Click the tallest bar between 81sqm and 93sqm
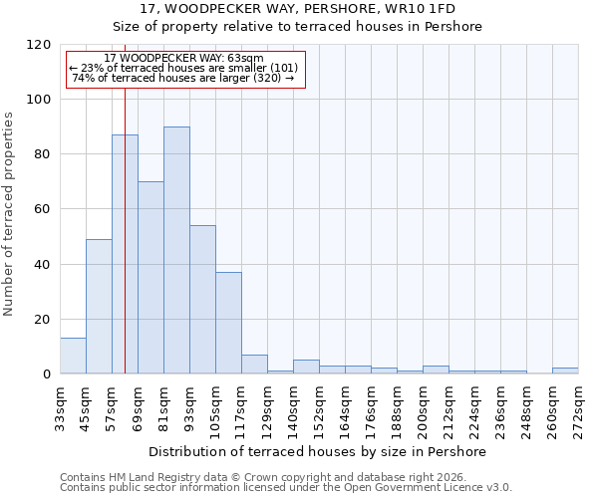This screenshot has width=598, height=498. coord(176,250)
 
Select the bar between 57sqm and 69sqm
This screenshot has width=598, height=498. coord(125,254)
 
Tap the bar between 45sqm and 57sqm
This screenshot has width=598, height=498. coord(99,307)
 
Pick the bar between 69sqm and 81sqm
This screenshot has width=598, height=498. coord(150,277)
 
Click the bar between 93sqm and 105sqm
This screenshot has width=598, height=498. coord(202,299)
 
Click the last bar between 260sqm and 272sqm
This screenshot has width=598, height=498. coord(565,371)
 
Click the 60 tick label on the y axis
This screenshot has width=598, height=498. coord(43,209)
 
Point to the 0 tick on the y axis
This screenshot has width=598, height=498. coord(47,374)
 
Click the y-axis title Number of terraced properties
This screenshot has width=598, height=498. coord(10,214)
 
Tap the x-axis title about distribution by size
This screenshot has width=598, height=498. coord(318,452)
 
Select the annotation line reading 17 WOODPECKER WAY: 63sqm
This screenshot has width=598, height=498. coord(183,59)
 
